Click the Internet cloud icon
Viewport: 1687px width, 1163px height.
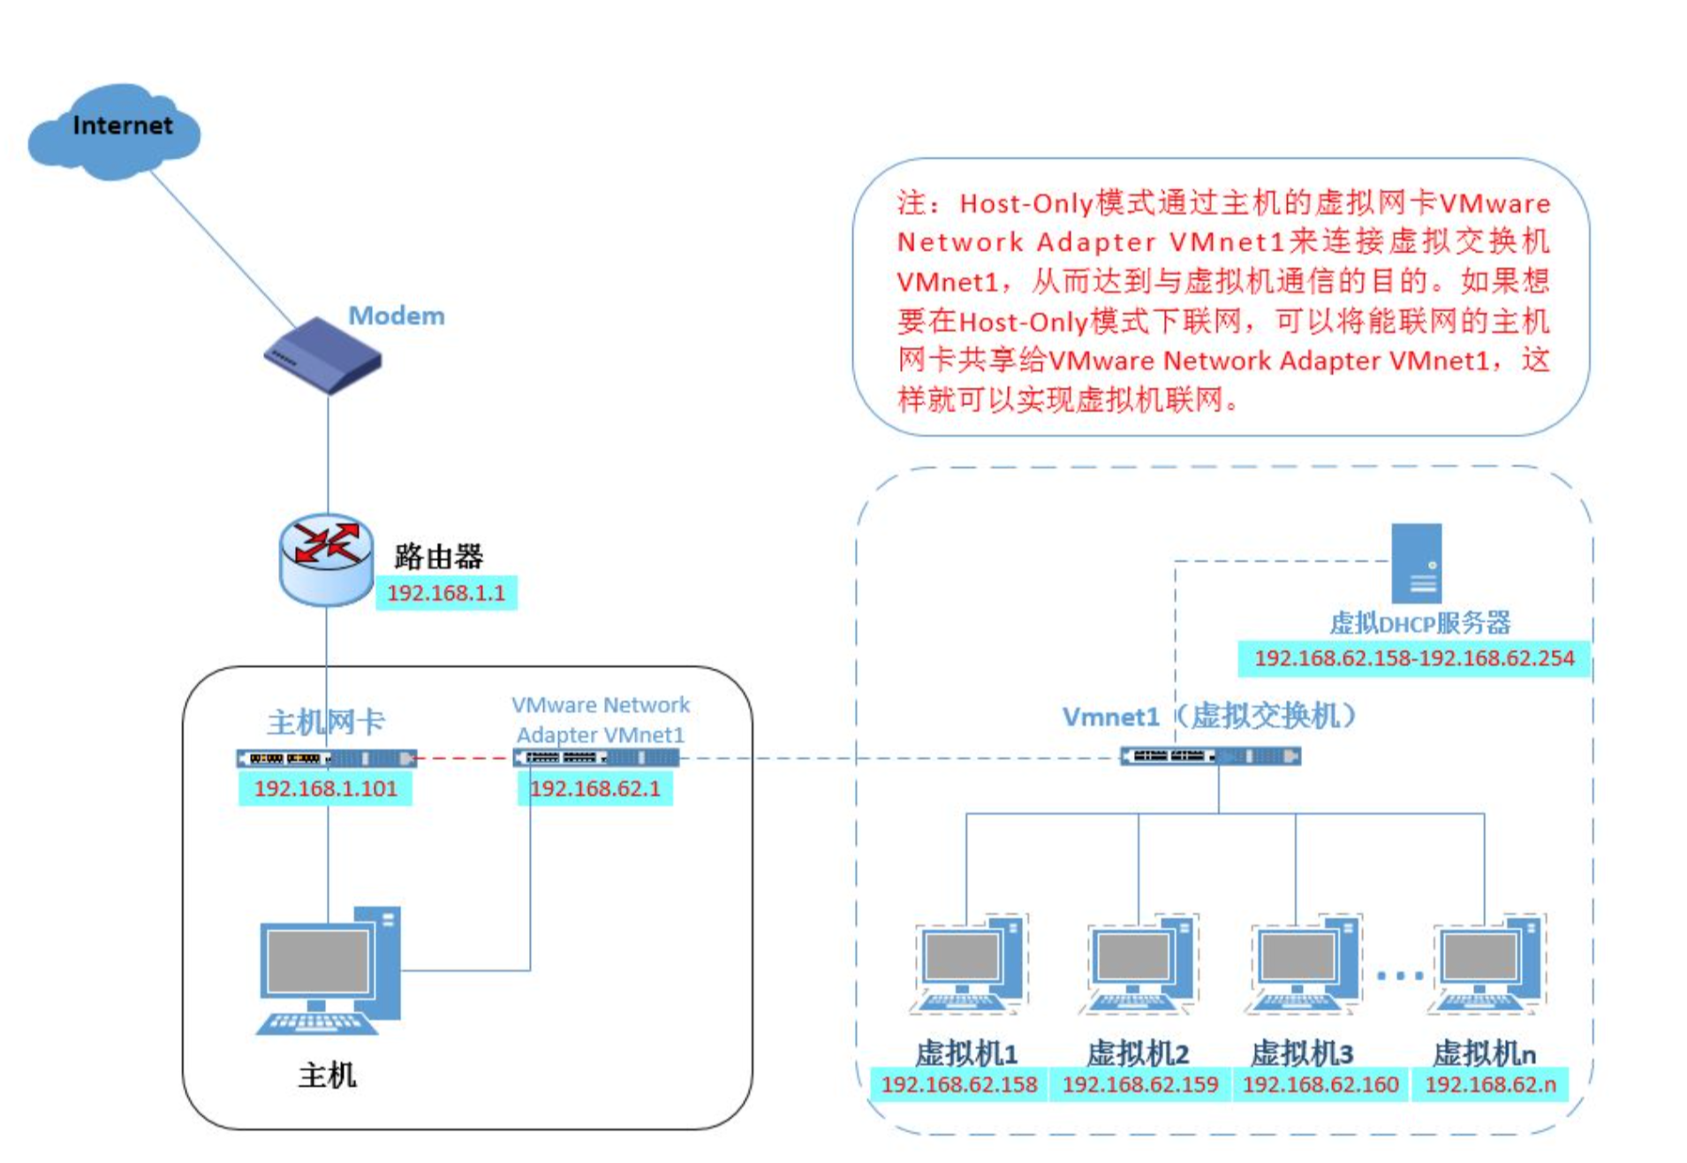pyautogui.click(x=114, y=131)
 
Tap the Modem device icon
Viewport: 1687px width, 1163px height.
pyautogui.click(x=322, y=355)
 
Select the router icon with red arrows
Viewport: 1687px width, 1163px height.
pyautogui.click(x=326, y=559)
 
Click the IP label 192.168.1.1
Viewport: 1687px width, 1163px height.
pyautogui.click(x=446, y=592)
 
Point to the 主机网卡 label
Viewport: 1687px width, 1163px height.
pyautogui.click(x=326, y=722)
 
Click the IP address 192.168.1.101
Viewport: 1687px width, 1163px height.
pyautogui.click(x=326, y=788)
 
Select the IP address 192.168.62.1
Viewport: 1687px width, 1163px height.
pyautogui.click(x=595, y=788)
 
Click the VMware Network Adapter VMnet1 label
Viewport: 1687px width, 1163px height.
pyautogui.click(x=601, y=719)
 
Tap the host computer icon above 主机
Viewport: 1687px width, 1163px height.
pyautogui.click(x=329, y=970)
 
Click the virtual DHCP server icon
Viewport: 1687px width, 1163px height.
pyautogui.click(x=1416, y=563)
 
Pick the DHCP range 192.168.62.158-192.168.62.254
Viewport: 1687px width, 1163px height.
pyautogui.click(x=1414, y=658)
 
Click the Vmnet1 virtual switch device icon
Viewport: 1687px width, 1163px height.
pyautogui.click(x=1210, y=756)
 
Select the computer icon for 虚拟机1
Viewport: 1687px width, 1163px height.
pyautogui.click(x=968, y=964)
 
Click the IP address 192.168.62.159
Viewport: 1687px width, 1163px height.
pyautogui.click(x=1140, y=1084)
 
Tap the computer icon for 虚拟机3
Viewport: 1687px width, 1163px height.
pyautogui.click(x=1304, y=964)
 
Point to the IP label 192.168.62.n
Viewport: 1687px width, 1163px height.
pyautogui.click(x=1491, y=1084)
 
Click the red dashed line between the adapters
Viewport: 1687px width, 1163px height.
pyautogui.click(x=465, y=757)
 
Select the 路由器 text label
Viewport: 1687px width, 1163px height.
pyautogui.click(x=438, y=556)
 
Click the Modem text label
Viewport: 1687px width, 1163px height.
pyautogui.click(x=397, y=315)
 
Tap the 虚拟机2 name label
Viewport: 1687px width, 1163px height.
pyautogui.click(x=1138, y=1053)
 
